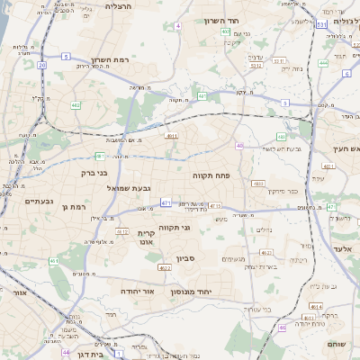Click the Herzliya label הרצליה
[118, 6]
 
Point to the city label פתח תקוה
[211, 176]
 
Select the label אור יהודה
[137, 292]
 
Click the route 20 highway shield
[41, 66]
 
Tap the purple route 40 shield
[239, 146]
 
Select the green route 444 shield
[323, 63]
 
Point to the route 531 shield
[321, 25]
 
